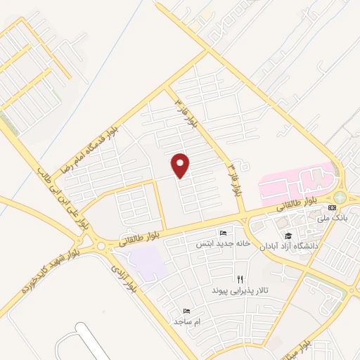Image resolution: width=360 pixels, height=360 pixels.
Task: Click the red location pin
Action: (181, 165)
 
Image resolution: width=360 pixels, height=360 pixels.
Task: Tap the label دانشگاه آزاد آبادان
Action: (290, 247)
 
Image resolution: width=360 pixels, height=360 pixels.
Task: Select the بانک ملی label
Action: (333, 219)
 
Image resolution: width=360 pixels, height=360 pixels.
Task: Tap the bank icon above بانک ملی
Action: (333, 208)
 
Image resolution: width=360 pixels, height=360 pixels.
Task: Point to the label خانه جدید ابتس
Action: (224, 243)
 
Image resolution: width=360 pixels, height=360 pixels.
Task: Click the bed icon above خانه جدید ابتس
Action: (224, 233)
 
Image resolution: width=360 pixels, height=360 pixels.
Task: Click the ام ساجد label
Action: (187, 321)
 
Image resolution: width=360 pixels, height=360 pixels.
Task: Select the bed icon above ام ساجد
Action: (186, 310)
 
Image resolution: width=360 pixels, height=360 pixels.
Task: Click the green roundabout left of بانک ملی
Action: (340, 197)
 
